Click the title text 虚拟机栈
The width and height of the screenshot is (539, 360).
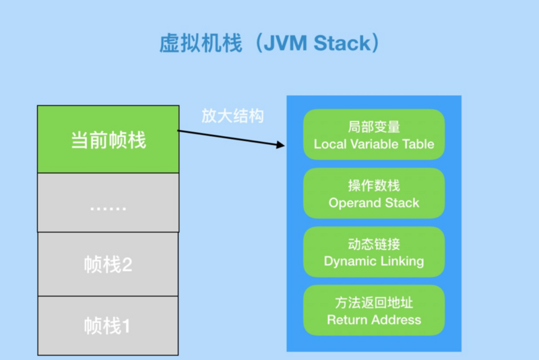tap(195, 44)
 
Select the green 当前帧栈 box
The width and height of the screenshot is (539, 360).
tap(108, 140)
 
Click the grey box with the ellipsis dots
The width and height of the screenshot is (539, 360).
tap(108, 204)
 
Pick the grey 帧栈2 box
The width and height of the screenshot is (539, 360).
tap(108, 264)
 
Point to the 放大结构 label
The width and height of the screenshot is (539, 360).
tap(232, 116)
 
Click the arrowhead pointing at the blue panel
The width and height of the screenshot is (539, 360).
tap(277, 144)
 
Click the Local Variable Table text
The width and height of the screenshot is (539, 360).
tap(374, 144)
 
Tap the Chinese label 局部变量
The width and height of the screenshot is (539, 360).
tap(374, 127)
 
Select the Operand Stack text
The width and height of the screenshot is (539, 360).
tap(374, 203)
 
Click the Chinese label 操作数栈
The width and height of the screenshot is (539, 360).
tap(374, 185)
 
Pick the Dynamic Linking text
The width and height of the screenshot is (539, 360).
tap(374, 262)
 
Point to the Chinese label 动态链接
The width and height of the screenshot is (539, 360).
tap(374, 244)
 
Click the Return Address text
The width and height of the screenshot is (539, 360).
tap(374, 320)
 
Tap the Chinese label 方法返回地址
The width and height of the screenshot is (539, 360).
tap(374, 303)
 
